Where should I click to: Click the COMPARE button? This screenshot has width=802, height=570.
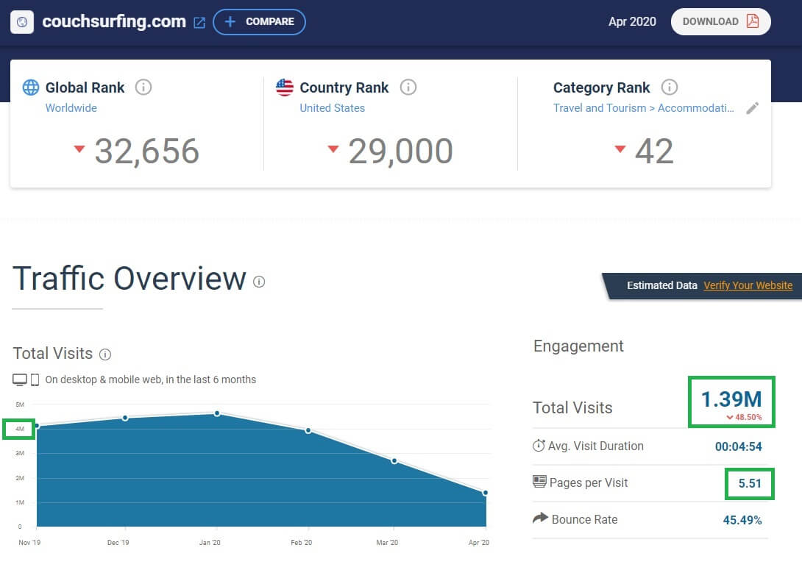pyautogui.click(x=259, y=22)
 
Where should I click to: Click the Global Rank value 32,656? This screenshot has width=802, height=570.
pyautogui.click(x=147, y=152)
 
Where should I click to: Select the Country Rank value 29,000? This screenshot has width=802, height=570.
pyautogui.click(x=400, y=152)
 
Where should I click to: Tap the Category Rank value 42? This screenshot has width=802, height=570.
pyautogui.click(x=654, y=152)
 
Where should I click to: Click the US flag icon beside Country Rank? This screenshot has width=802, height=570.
pyautogui.click(x=285, y=88)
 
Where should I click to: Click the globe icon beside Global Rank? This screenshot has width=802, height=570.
pyautogui.click(x=31, y=88)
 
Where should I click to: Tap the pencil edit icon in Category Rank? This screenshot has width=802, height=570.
pyautogui.click(x=753, y=108)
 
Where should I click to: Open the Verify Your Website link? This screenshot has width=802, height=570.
pyautogui.click(x=748, y=285)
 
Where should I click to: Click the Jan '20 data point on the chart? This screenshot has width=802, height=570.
pyautogui.click(x=217, y=413)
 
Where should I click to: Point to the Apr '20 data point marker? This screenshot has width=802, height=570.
pyautogui.click(x=485, y=493)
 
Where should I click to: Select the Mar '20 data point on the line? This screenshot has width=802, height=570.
pyautogui.click(x=394, y=461)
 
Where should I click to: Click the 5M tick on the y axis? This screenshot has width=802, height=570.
pyautogui.click(x=20, y=405)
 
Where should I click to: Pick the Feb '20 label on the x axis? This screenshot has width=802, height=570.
pyautogui.click(x=301, y=542)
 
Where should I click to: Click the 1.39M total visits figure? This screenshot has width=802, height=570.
pyautogui.click(x=731, y=399)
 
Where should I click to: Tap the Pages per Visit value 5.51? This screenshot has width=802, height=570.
pyautogui.click(x=750, y=483)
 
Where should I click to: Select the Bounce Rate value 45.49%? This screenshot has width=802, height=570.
pyautogui.click(x=742, y=520)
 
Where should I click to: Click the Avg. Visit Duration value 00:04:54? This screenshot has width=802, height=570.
pyautogui.click(x=739, y=446)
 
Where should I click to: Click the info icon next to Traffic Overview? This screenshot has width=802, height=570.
pyautogui.click(x=259, y=282)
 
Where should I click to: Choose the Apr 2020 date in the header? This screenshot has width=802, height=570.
pyautogui.click(x=632, y=21)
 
